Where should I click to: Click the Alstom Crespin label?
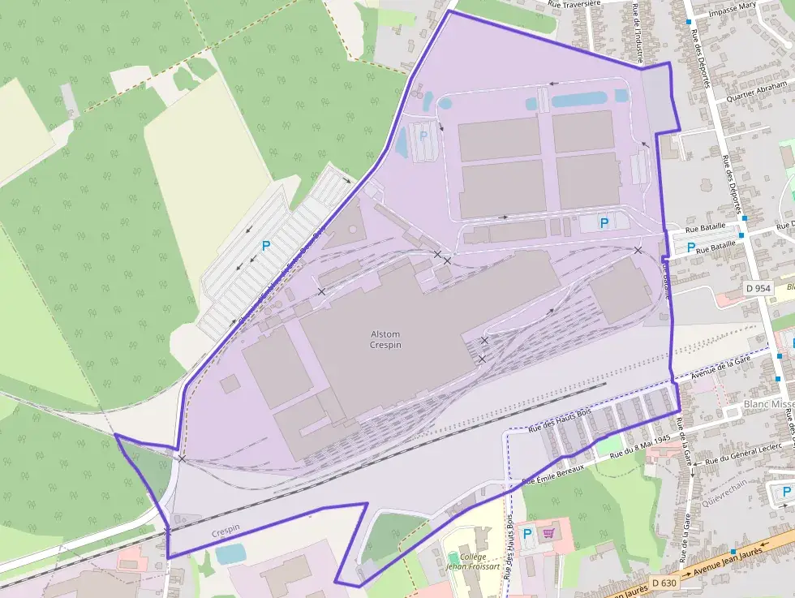click(386, 339)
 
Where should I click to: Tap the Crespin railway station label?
click(226, 531)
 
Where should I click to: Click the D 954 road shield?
click(757, 288)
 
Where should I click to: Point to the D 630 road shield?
click(663, 583)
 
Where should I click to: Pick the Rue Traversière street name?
click(574, 4)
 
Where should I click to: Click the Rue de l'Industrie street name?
click(637, 32)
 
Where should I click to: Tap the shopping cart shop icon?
click(549, 533)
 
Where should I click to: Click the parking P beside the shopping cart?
click(528, 533)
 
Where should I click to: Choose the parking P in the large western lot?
click(265, 245)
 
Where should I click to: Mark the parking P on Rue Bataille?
click(691, 247)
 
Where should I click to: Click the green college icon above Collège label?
click(453, 557)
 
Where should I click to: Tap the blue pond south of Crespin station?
click(231, 553)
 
